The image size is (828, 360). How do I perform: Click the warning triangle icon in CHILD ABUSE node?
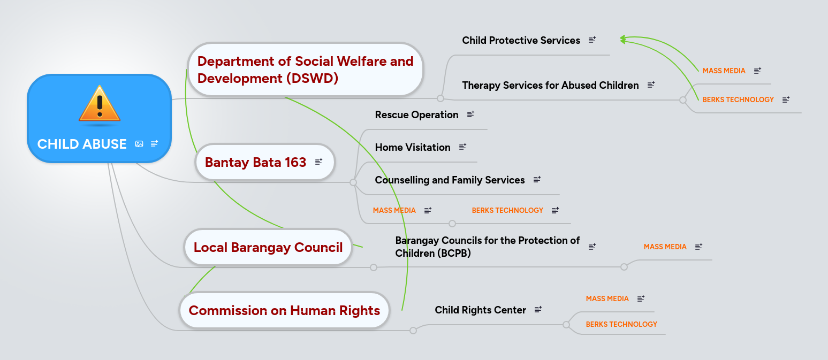(100, 104)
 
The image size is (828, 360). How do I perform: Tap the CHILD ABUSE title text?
(82, 144)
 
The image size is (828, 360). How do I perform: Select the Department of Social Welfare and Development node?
(305, 70)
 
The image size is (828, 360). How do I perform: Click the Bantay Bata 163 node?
(255, 162)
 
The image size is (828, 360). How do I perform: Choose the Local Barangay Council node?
(268, 248)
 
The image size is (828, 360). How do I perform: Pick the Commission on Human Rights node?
(284, 310)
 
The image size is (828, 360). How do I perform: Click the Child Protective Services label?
(521, 40)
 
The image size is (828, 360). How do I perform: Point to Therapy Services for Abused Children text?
(550, 85)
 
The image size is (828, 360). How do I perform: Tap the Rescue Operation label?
(416, 114)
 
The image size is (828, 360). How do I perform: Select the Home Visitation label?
(412, 147)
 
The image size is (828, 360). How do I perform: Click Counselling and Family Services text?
(450, 180)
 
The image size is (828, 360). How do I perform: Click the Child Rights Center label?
(480, 310)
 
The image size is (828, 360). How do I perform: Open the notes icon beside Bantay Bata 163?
(318, 162)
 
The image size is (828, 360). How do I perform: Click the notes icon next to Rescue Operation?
(470, 114)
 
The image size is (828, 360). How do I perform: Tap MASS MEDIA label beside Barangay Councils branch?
(665, 247)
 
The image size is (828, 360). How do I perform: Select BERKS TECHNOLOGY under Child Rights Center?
(621, 324)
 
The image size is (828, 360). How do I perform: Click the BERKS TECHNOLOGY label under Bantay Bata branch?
(507, 210)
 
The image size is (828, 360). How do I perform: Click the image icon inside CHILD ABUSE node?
(139, 144)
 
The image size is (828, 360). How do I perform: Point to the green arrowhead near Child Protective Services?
(622, 39)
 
